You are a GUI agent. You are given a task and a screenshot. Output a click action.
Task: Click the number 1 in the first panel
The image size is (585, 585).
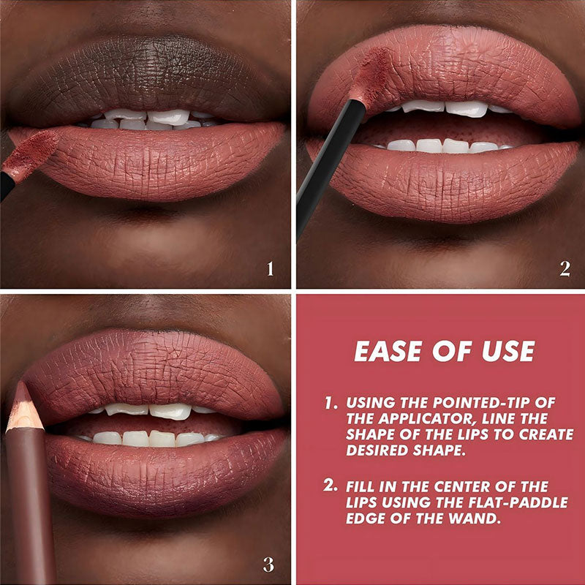(x=271, y=268)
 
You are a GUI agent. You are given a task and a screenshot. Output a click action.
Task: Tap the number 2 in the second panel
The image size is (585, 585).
(x=565, y=268)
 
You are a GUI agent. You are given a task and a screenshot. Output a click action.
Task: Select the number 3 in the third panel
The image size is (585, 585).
(x=268, y=565)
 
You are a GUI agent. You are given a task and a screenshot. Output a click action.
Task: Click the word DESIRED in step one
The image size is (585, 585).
(x=377, y=450)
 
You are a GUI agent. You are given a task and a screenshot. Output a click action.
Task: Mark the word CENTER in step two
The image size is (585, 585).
(x=462, y=486)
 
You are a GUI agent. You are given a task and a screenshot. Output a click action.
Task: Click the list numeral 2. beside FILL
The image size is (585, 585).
(x=331, y=486)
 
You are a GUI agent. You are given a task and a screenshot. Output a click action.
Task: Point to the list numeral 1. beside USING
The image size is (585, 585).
(x=331, y=402)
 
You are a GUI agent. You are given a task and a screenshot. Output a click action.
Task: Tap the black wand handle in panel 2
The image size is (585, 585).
(x=331, y=168)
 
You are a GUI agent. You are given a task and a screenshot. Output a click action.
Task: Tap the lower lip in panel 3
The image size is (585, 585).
(x=164, y=474)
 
